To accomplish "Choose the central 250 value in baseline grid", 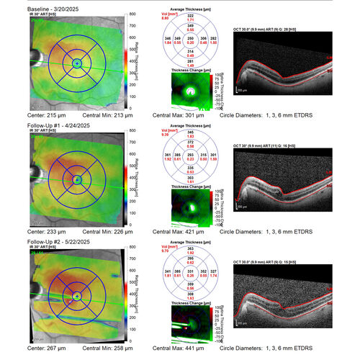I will click(190, 37).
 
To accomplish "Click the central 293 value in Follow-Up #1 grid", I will click(190, 155).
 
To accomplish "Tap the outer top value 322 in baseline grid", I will click(190, 14).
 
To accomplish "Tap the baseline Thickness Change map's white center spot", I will click(192, 92).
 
